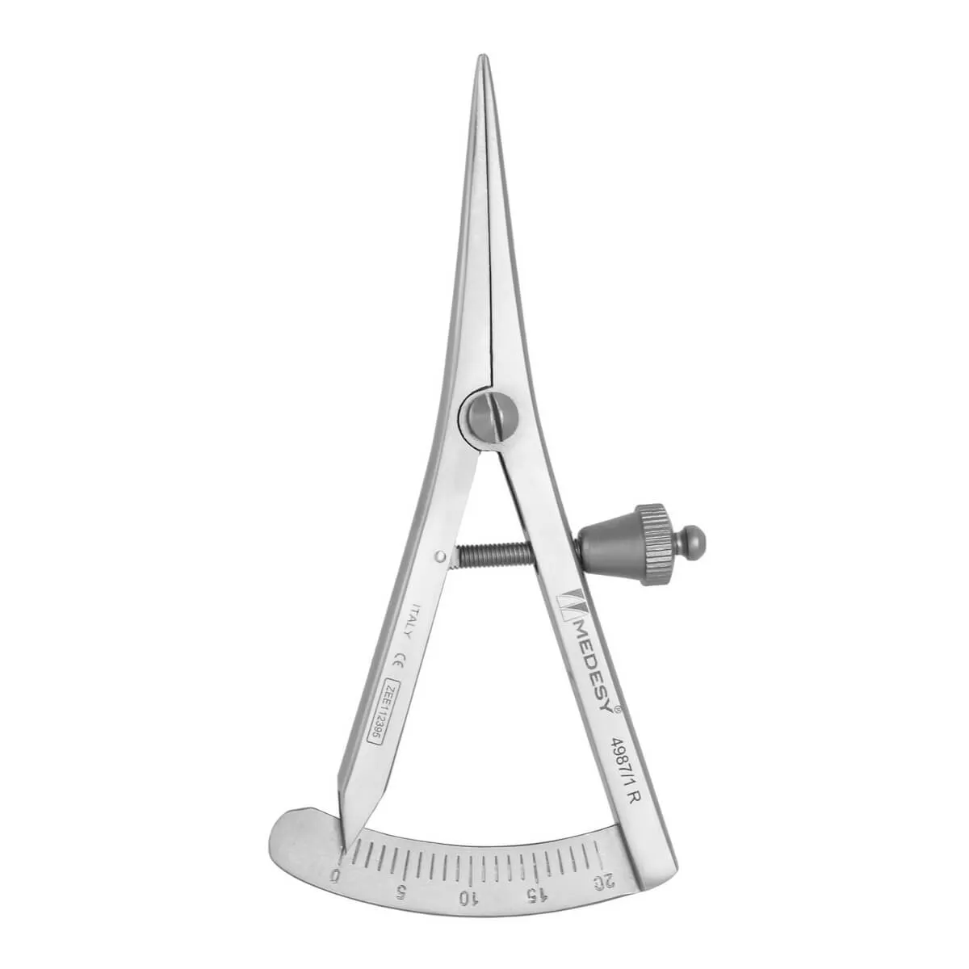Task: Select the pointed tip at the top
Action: click(481, 60)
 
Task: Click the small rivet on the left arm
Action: click(438, 555)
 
